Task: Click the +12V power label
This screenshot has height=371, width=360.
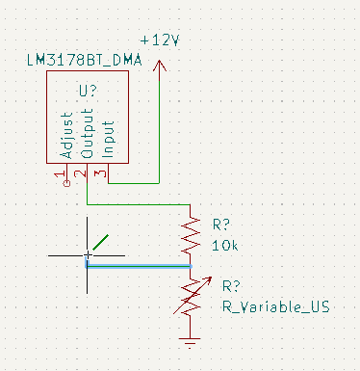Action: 160,40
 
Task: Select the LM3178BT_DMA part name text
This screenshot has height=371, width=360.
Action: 84,60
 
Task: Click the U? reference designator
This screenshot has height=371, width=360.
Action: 88,91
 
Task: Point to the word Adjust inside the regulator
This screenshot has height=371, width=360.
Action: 67,135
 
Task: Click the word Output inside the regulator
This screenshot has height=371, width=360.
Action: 87,133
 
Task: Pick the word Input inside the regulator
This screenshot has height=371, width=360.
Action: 108,139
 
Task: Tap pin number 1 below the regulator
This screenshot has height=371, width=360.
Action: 60,174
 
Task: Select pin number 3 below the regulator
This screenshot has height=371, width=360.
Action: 100,173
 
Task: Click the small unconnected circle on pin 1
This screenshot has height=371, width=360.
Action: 66,183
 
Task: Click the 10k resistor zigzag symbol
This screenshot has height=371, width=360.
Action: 191,236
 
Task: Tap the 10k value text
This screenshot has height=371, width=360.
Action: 225,246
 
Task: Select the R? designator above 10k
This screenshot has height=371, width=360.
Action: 221,225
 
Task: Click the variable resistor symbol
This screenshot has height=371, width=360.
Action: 192,296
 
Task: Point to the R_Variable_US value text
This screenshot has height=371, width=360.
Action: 276,306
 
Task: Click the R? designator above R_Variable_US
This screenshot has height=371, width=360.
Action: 231,285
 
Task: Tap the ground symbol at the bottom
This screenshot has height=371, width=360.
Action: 190,342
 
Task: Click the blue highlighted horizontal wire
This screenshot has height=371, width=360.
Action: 139,266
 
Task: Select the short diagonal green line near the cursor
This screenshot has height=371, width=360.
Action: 100,242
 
